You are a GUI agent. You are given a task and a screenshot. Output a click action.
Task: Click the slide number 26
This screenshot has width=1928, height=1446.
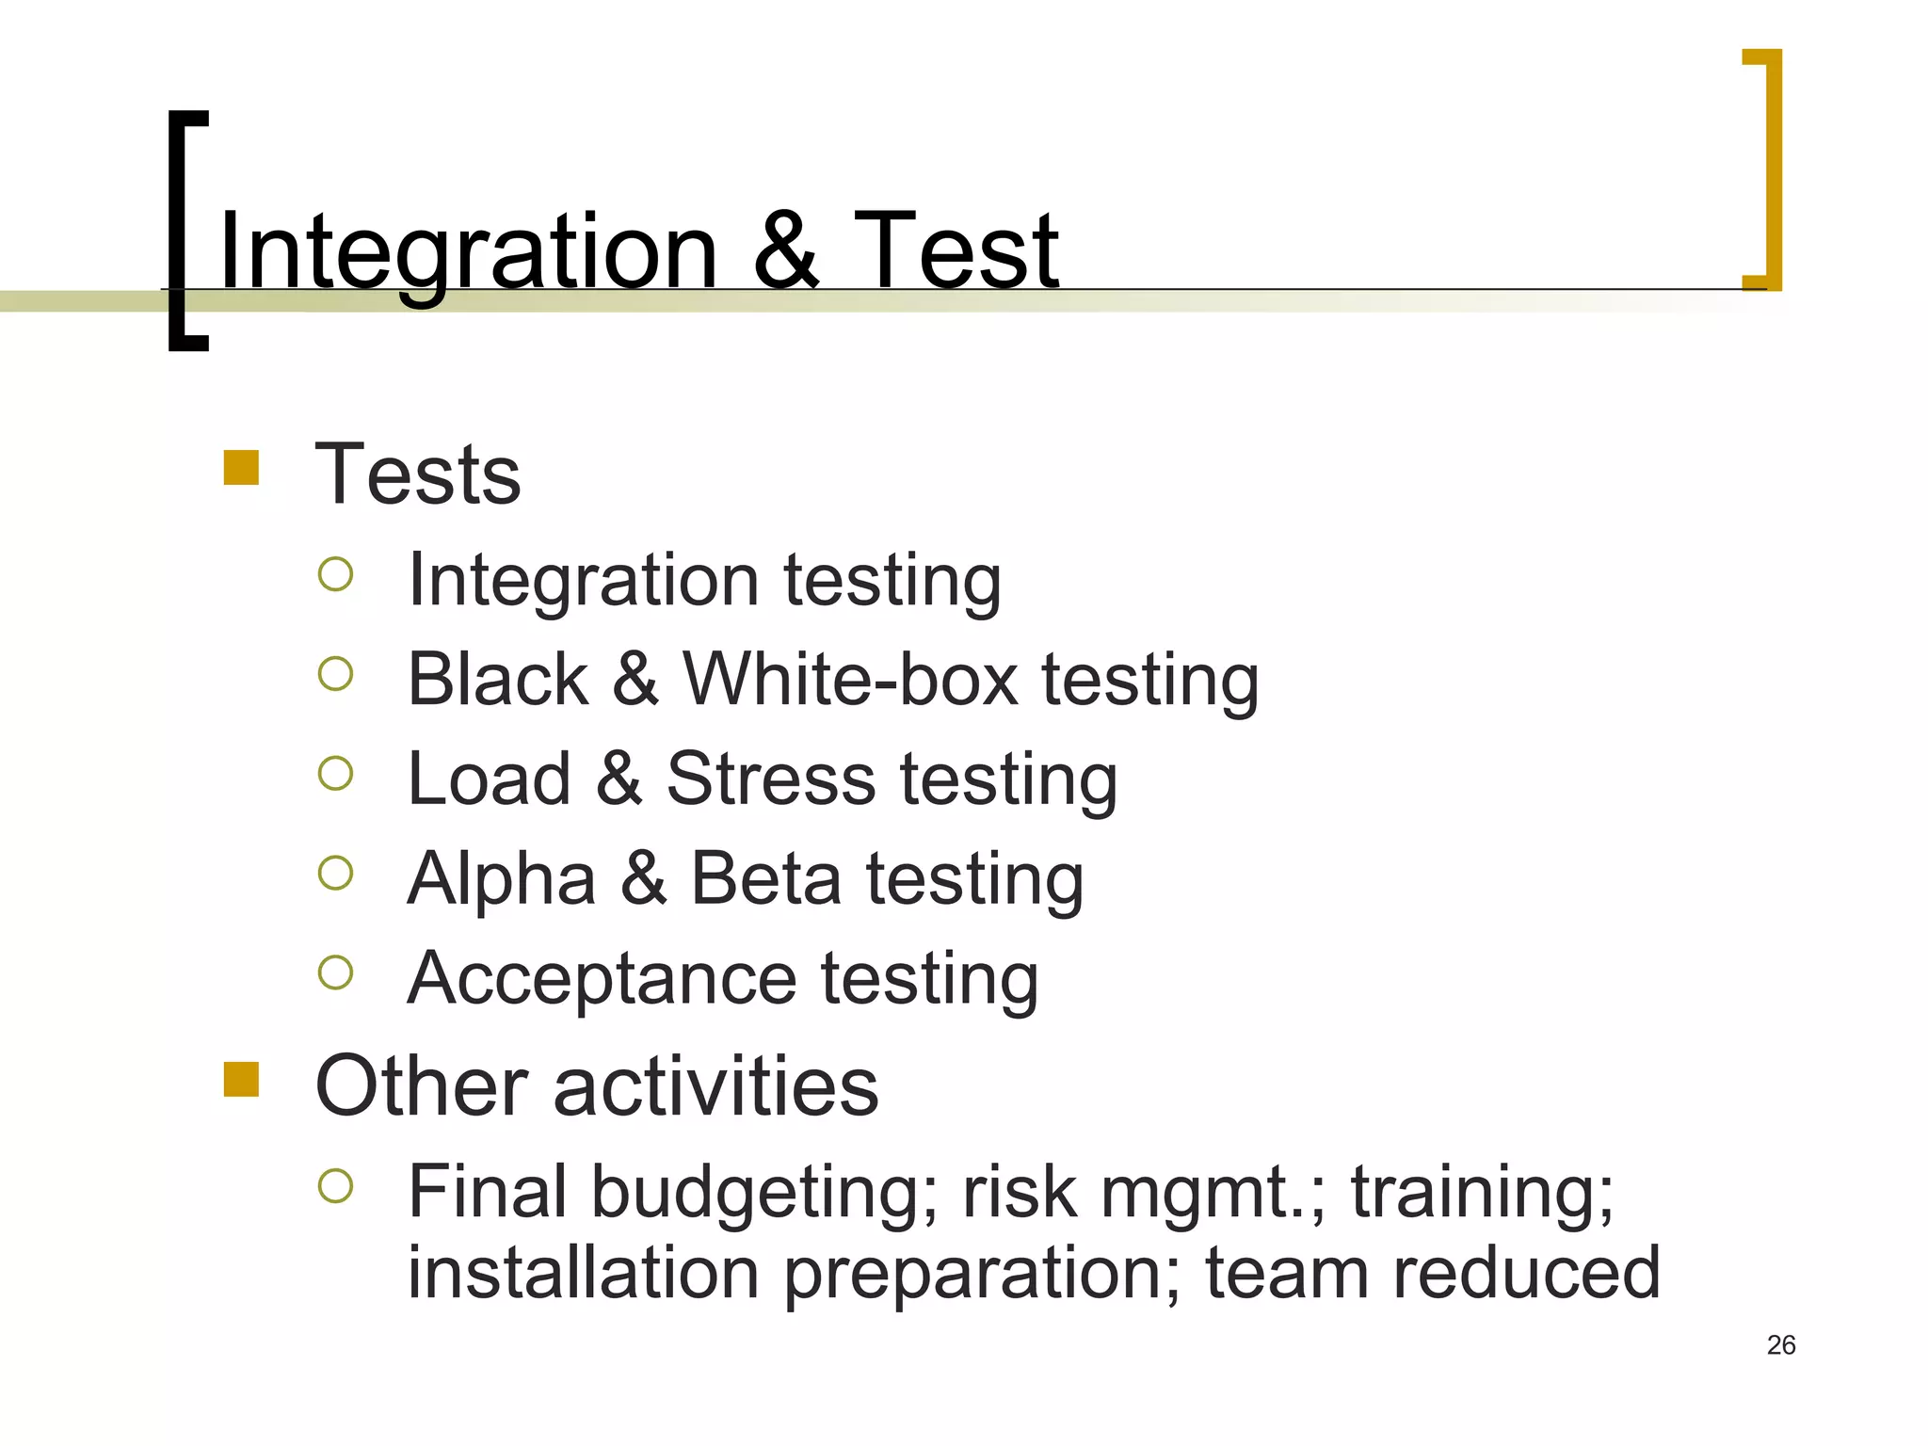[1781, 1344]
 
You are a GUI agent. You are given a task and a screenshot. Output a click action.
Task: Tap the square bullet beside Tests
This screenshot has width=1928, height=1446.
[241, 468]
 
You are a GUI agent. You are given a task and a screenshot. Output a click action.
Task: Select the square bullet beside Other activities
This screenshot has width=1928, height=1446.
[241, 1080]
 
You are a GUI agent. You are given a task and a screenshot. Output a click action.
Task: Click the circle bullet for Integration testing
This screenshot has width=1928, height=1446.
[335, 574]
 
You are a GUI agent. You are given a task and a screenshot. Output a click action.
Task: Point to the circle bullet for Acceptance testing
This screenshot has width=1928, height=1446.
[335, 972]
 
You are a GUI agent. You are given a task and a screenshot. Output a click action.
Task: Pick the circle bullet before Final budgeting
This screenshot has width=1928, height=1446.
[335, 1186]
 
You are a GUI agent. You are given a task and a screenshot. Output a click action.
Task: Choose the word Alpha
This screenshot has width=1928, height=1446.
[502, 878]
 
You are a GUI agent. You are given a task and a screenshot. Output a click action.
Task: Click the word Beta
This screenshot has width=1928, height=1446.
[766, 878]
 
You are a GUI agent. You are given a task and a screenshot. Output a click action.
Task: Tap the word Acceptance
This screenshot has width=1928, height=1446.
[602, 979]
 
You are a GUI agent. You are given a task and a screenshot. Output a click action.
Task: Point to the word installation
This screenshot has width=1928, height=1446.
[583, 1273]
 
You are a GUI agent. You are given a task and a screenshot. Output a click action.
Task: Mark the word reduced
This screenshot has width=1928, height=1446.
[1526, 1273]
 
